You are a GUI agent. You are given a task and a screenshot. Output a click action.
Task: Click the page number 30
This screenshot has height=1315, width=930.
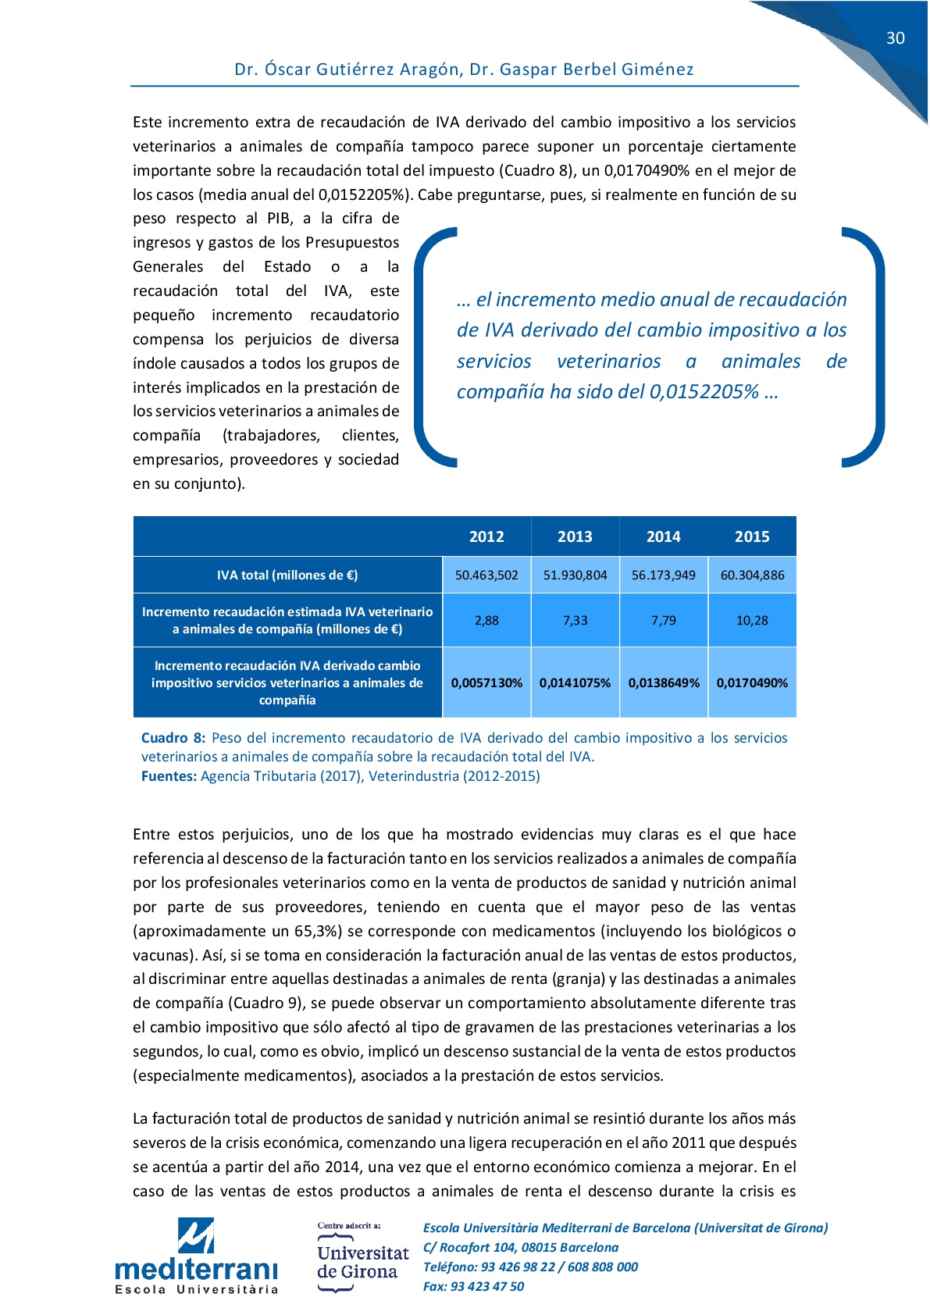tap(895, 38)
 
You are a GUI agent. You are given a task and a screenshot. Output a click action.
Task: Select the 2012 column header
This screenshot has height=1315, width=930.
tap(486, 536)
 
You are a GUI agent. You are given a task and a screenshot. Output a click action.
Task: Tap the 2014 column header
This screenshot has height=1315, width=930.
tap(663, 536)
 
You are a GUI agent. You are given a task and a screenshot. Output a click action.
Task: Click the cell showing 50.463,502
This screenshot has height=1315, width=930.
tap(486, 576)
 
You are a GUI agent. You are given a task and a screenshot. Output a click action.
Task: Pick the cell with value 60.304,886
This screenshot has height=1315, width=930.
tap(752, 576)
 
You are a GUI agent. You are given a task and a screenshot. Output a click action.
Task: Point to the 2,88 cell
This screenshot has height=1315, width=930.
tap(486, 621)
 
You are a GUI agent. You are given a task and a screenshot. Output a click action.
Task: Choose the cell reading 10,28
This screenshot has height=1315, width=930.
tap(752, 621)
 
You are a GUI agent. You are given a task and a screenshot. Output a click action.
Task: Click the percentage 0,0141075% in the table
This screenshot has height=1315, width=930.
tap(575, 683)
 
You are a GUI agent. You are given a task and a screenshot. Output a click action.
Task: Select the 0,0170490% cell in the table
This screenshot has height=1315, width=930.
tap(752, 683)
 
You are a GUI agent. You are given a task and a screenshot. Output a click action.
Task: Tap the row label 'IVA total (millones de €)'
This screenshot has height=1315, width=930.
tap(287, 576)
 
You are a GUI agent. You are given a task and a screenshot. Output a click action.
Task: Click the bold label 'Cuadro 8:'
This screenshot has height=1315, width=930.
tap(173, 738)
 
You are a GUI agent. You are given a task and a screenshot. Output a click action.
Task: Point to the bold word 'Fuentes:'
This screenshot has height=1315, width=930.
tap(169, 776)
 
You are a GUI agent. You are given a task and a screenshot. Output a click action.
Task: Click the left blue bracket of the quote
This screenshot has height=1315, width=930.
tap(428, 347)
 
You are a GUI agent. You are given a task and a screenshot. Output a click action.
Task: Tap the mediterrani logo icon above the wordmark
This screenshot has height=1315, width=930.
tap(195, 1235)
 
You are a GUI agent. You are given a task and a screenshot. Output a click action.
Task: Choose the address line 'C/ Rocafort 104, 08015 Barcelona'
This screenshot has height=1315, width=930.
tap(521, 1248)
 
